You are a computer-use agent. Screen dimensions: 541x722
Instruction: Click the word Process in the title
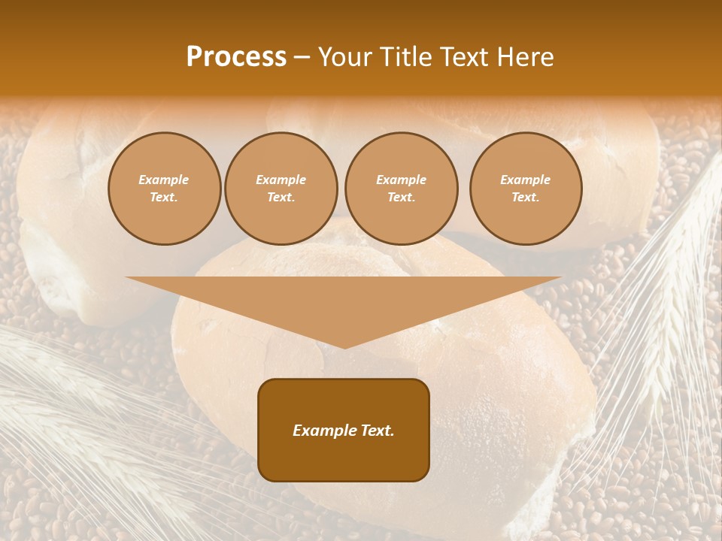[236, 57]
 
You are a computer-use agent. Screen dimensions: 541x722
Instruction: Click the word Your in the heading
[345, 57]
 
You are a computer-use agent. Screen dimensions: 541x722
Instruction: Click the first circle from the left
[165, 189]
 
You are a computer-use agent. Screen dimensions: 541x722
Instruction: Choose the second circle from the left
[281, 189]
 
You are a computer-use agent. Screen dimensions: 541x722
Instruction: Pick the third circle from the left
[402, 189]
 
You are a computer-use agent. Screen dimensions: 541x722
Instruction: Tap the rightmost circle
[526, 189]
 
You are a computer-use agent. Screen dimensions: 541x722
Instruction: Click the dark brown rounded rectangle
[344, 458]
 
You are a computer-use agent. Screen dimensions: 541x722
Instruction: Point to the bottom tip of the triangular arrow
[344, 346]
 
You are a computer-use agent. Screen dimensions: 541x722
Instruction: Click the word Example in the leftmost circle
[164, 180]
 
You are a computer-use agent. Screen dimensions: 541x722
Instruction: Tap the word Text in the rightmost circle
[525, 198]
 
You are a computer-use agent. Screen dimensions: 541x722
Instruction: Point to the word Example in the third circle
[402, 180]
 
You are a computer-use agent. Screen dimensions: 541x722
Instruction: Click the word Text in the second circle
[281, 198]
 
